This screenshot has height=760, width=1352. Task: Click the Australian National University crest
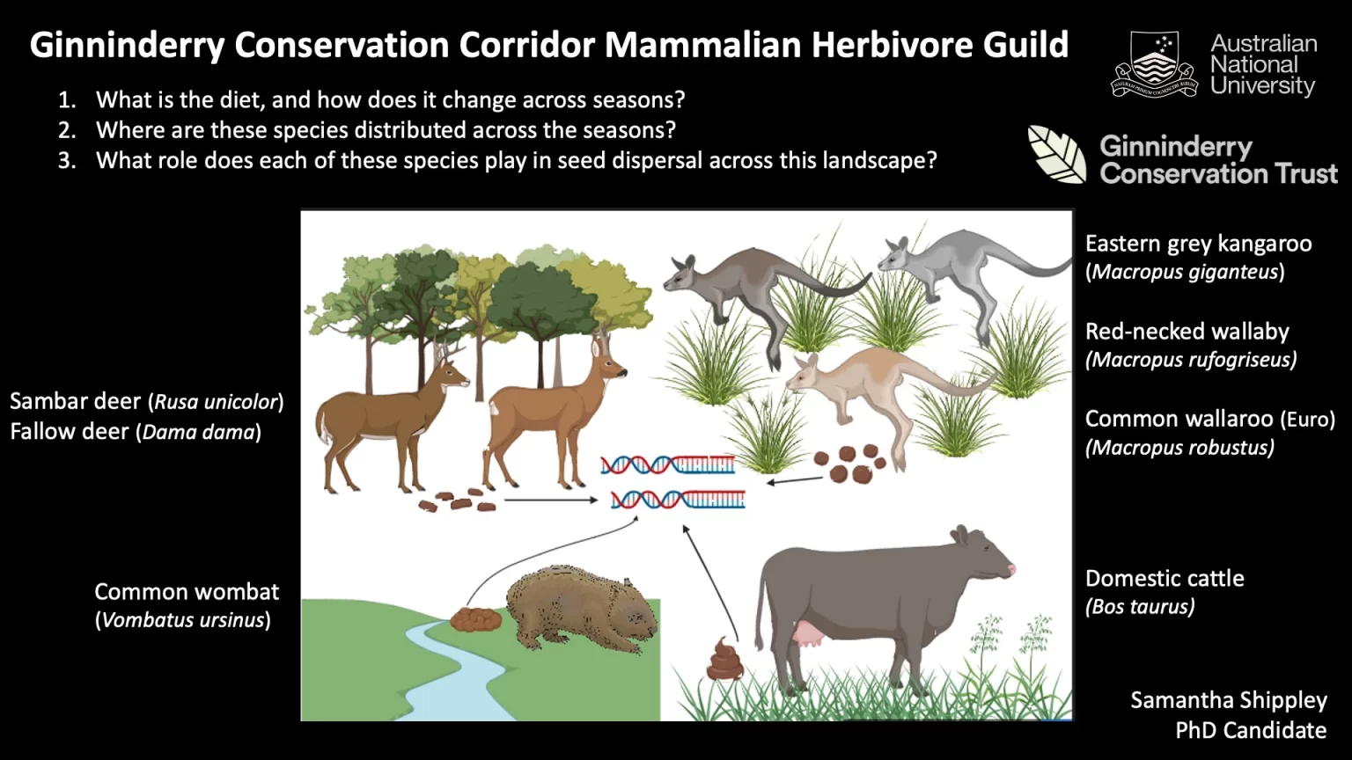point(1154,64)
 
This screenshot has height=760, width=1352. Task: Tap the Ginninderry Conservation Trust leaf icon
point(1057,154)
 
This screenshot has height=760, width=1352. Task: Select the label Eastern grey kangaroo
point(1198,244)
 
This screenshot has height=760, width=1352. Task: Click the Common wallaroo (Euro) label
point(1210,419)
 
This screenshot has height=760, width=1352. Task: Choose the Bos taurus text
point(1140,606)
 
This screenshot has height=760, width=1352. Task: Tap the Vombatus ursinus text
point(183,619)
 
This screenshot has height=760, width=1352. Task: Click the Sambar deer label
point(75,401)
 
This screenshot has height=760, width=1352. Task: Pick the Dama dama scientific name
point(199,432)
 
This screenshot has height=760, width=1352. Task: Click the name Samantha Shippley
point(1228,699)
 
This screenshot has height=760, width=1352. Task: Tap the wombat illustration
point(581,610)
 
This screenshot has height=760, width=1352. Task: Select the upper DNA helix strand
point(667,465)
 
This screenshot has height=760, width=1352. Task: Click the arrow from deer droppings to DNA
point(551,500)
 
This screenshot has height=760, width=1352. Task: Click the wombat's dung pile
point(475,619)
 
